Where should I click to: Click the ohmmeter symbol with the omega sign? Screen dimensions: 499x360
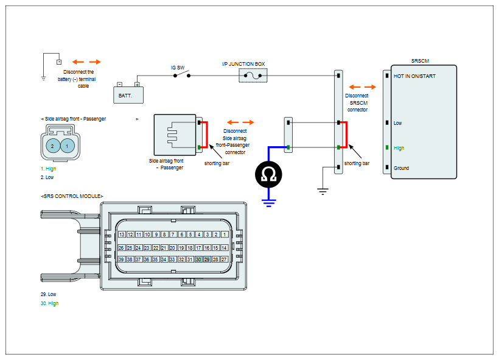point(268,175)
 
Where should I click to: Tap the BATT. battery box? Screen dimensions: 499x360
point(128,95)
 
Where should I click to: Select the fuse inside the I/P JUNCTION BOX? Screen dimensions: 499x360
point(253,76)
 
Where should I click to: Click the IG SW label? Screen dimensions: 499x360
point(178,68)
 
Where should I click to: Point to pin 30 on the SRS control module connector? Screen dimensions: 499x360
point(198,259)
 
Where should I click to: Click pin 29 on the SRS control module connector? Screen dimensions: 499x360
point(207,259)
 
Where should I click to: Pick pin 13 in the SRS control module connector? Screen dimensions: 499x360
point(122,235)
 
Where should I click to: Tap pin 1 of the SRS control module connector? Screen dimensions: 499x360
point(225,235)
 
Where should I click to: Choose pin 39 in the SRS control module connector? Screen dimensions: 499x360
point(121,259)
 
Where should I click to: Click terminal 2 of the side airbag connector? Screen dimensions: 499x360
point(52,146)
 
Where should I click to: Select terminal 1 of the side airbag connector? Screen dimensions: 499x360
point(67,146)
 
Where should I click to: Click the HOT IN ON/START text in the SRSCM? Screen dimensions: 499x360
point(414,76)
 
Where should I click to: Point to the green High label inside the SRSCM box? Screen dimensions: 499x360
point(399,148)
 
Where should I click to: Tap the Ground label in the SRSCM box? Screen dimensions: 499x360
point(401,168)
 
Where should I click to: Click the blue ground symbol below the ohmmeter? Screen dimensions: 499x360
point(268,203)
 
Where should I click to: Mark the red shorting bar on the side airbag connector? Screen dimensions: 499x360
point(207,135)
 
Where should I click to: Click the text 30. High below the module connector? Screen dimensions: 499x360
point(50,303)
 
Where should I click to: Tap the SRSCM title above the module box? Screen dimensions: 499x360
point(420,61)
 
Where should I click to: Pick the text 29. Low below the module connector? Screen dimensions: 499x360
point(48,294)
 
